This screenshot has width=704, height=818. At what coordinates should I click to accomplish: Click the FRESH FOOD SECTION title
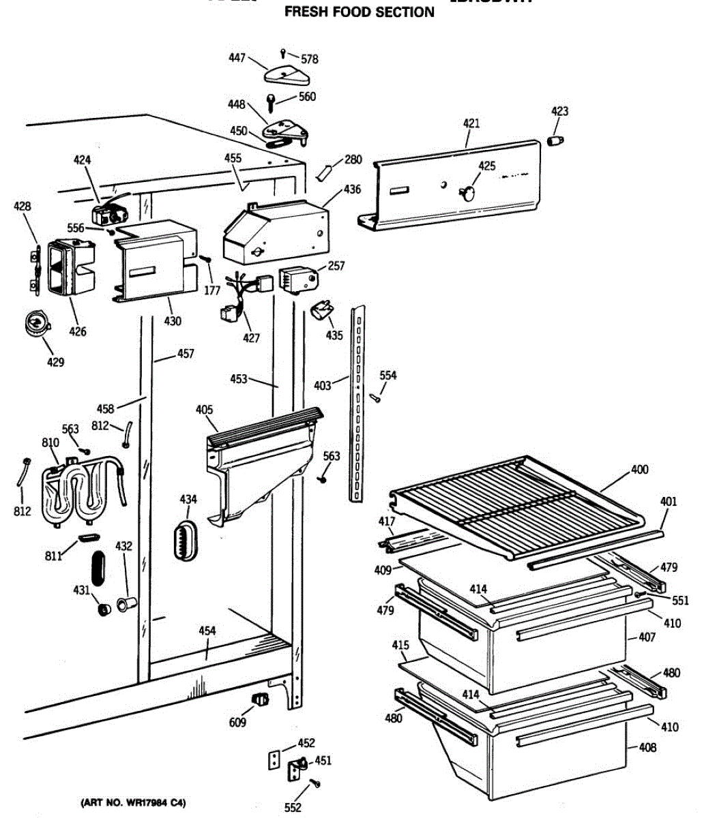[x=359, y=12]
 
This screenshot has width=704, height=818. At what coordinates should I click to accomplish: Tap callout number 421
[x=471, y=123]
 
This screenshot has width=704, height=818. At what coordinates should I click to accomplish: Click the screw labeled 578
[x=284, y=52]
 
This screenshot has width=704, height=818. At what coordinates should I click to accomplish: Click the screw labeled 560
[x=272, y=103]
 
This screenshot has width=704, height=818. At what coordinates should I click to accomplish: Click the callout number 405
[x=204, y=410]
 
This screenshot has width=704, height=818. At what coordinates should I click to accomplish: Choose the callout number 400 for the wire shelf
[x=640, y=470]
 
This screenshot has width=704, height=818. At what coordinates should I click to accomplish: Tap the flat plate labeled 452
[x=274, y=759]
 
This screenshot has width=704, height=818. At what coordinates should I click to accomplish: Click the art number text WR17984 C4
[x=133, y=802]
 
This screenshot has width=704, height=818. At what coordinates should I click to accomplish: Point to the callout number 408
[x=647, y=748]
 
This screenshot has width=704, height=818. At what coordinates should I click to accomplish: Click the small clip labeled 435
[x=321, y=311]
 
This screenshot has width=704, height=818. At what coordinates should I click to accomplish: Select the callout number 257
[x=336, y=266]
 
